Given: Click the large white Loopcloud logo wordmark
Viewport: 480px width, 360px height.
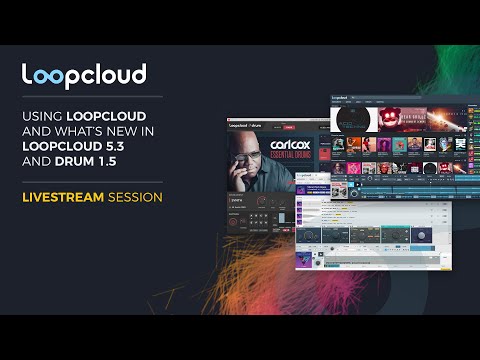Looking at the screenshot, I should click(x=85, y=74).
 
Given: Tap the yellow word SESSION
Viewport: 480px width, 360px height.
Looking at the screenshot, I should click(x=137, y=198).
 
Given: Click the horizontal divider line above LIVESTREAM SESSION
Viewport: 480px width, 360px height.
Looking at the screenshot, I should click(x=92, y=183).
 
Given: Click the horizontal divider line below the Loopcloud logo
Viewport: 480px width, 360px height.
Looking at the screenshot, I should click(x=92, y=98).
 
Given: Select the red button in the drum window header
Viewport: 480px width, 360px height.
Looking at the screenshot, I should click(x=289, y=128).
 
